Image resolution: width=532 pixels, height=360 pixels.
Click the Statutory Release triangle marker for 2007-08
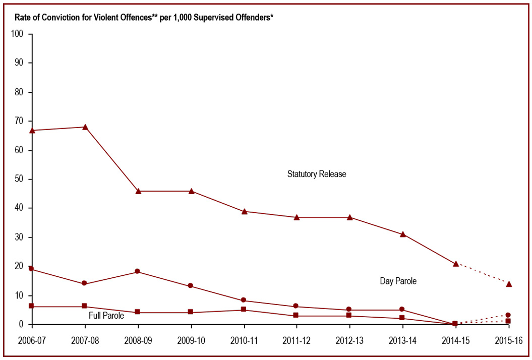pyautogui.click(x=85, y=127)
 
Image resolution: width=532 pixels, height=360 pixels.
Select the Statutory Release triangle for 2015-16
pyautogui.click(x=509, y=284)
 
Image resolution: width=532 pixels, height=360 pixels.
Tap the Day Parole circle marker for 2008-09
pyautogui.click(x=138, y=271)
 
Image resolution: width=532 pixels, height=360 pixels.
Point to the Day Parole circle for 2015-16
pyautogui.click(x=508, y=315)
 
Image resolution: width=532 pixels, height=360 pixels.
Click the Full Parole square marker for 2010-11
pyautogui.click(x=244, y=310)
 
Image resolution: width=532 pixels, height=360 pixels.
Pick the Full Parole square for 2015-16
pyautogui.click(x=508, y=321)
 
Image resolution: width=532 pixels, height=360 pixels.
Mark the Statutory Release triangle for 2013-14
pyautogui.click(x=403, y=234)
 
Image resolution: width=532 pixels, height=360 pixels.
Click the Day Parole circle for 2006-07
pyautogui.click(x=31, y=269)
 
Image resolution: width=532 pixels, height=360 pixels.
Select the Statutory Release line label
pyautogui.click(x=317, y=174)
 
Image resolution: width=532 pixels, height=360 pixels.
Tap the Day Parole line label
pyautogui.click(x=398, y=281)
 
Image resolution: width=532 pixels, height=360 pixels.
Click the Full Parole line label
pyautogui.click(x=106, y=316)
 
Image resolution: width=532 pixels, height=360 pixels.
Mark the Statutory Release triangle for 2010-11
pyautogui.click(x=244, y=211)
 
